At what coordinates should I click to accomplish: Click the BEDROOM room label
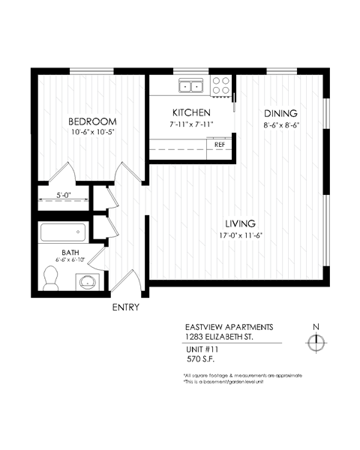(93, 121)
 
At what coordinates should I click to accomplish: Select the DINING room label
(281, 113)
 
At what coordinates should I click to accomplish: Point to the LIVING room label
(241, 223)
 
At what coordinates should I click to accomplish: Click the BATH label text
(70, 252)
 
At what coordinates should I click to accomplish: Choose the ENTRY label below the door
(125, 307)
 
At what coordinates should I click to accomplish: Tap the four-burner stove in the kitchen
(221, 85)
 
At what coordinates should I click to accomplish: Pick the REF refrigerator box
(220, 145)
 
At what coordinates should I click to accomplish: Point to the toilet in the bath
(51, 280)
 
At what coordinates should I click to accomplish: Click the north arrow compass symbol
(316, 342)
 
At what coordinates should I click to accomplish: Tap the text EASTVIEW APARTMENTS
(223, 327)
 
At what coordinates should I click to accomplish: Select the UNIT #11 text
(201, 350)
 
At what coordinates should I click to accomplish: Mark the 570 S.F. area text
(199, 360)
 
